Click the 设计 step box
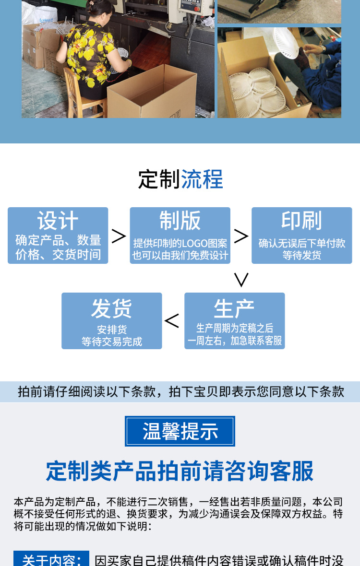pyautogui.click(x=58, y=235)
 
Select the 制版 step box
pyautogui.click(x=180, y=235)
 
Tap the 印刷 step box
pyautogui.click(x=301, y=235)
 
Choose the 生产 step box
pyautogui.click(x=234, y=320)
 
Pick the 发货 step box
pyautogui.click(x=111, y=320)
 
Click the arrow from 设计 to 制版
pyautogui.click(x=119, y=236)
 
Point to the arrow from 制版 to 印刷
pyautogui.click(x=241, y=236)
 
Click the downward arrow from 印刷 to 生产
pyautogui.click(x=241, y=279)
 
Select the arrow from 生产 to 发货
pyautogui.click(x=172, y=321)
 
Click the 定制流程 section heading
pyautogui.click(x=180, y=179)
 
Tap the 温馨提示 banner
pyautogui.click(x=180, y=431)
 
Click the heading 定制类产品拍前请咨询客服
pyautogui.click(x=180, y=471)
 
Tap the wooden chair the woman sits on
pyautogui.click(x=77, y=94)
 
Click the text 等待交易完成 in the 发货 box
pyautogui.click(x=111, y=342)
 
